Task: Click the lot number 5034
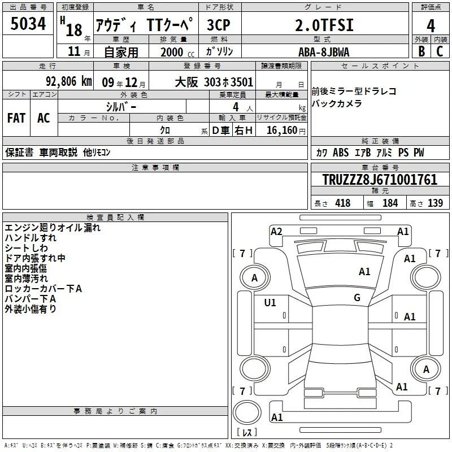pos(28,24)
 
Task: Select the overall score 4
pos(431,25)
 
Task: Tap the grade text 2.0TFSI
pos(324,25)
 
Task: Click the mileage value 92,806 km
pos(69,81)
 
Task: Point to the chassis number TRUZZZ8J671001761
pos(380,180)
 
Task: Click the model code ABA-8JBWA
pos(324,52)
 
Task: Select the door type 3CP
pos(219,25)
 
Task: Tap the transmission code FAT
pos(16,118)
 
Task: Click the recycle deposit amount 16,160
pos(282,131)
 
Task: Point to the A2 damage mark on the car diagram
pos(276,232)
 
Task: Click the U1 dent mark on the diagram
pos(270,303)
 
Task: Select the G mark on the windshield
pos(357,298)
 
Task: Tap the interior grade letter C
pos(440,51)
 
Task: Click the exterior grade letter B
pos(421,51)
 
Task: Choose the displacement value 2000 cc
pos(177,53)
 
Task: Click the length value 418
pos(343,203)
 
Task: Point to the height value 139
pos(435,203)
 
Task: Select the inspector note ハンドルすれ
pos(31,238)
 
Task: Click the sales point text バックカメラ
pos(337,103)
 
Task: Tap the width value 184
pos(390,203)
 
